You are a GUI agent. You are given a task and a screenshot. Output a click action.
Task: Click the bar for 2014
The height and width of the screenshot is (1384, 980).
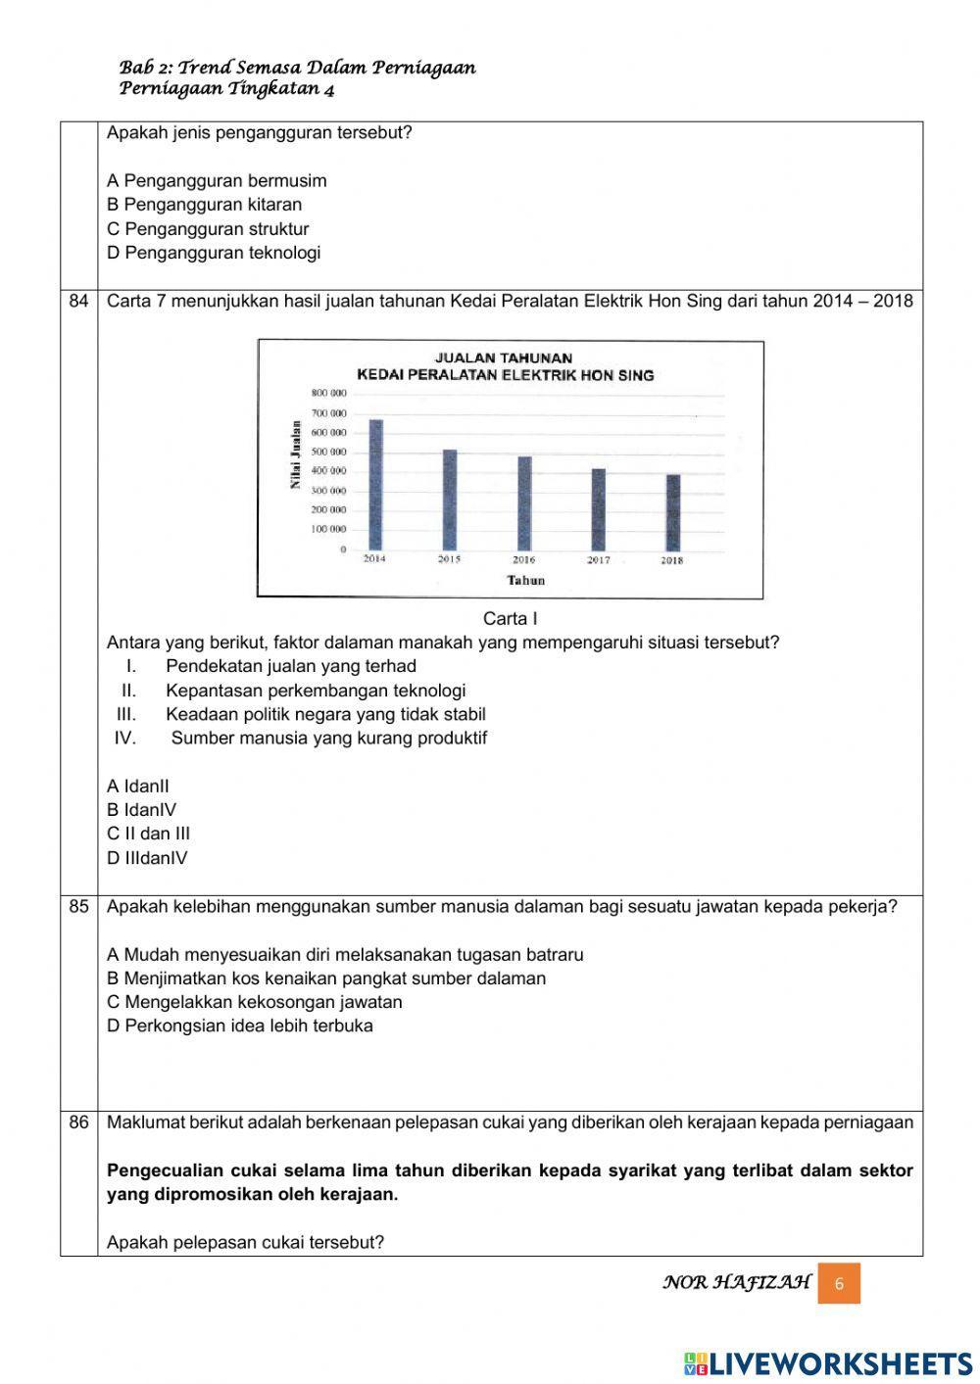coord(375,485)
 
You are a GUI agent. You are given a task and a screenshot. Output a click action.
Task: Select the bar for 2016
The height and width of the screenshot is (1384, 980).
coord(524,503)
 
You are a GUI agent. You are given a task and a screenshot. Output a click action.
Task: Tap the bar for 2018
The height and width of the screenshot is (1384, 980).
coord(672,512)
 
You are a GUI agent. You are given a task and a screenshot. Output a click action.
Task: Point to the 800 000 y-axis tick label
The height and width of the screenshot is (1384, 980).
coord(329,393)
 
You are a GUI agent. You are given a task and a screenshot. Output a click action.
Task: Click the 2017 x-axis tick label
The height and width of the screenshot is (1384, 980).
coord(598,560)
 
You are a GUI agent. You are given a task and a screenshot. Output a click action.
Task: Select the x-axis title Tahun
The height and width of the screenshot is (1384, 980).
coord(526,580)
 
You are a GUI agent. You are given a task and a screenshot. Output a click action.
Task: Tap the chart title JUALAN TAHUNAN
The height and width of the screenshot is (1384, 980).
coord(504,358)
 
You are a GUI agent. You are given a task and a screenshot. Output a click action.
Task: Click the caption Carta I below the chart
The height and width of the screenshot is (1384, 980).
coord(510,619)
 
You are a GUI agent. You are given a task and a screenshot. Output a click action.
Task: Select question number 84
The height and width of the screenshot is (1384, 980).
coord(79,301)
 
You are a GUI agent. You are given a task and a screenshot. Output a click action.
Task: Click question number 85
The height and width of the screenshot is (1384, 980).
coord(79,906)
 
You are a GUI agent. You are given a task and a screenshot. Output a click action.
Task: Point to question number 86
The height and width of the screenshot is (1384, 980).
coord(79,1122)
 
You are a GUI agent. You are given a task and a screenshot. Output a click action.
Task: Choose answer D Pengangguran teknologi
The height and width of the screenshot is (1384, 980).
coord(214,253)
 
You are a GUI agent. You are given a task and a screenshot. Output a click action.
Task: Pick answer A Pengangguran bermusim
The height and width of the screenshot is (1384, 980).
coord(217,181)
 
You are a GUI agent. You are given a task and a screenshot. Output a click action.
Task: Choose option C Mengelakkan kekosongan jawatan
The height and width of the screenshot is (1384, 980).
coord(255,1002)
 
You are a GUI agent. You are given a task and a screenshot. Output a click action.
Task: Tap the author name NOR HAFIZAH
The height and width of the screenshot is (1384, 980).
coord(737,1282)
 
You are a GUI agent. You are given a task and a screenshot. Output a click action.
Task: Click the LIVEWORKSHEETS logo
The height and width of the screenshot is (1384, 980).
coord(828,1363)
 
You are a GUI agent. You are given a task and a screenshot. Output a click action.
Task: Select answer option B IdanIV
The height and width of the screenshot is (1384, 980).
coord(141,810)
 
